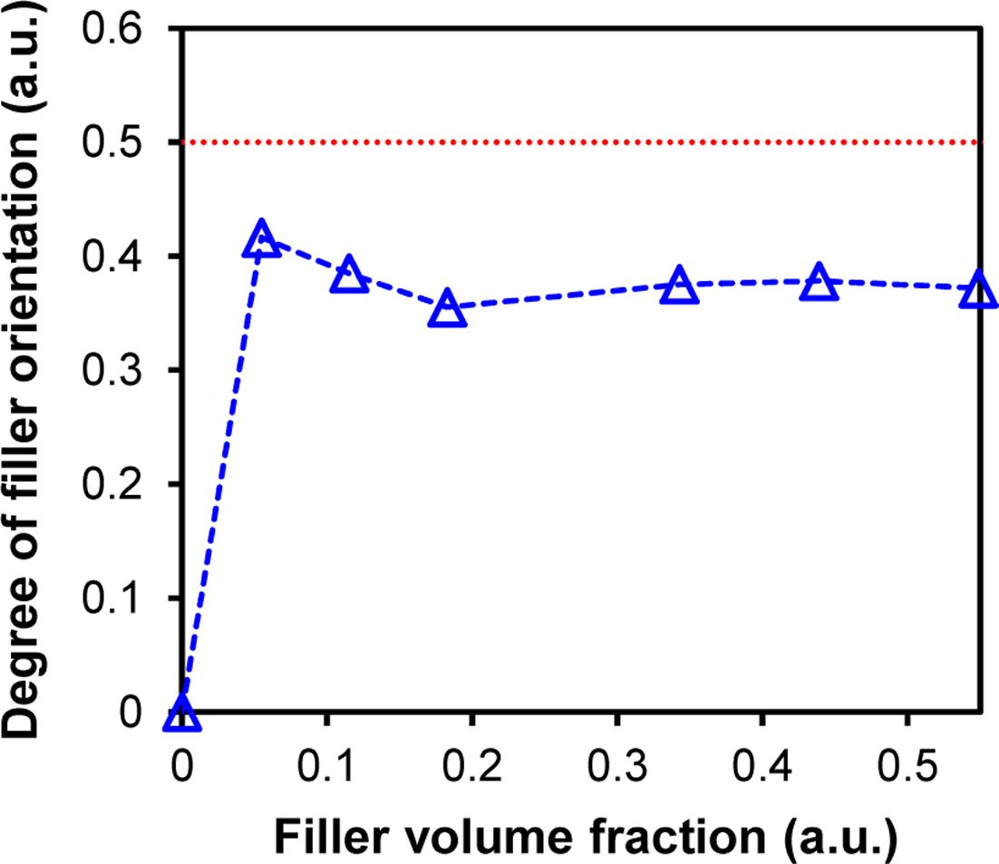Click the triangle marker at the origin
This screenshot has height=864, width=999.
[x=181, y=714]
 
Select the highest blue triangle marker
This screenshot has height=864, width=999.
[x=261, y=238]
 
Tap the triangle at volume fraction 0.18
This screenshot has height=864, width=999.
[x=447, y=310]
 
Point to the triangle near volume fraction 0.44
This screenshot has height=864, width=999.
[x=819, y=282]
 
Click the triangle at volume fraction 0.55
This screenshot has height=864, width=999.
[x=978, y=290]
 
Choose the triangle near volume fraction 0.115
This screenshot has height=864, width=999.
[x=349, y=275]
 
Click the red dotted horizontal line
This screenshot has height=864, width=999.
[x=580, y=142]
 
